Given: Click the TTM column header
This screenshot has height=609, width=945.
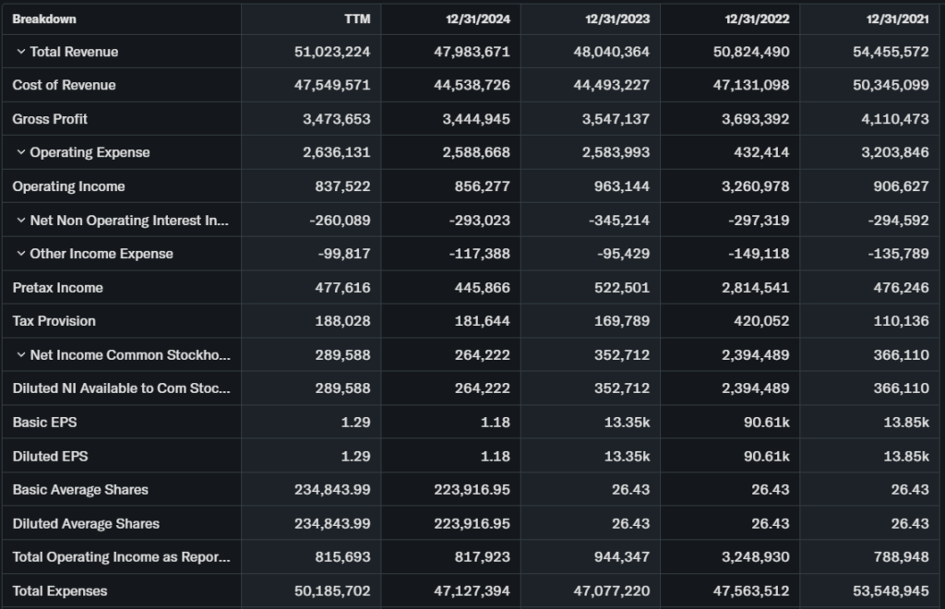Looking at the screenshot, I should click(x=358, y=18).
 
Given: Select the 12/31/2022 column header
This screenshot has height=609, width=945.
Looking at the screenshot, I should click(x=757, y=18).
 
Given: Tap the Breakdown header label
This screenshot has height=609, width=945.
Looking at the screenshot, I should click(x=44, y=18).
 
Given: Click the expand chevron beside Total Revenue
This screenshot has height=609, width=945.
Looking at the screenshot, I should click(x=20, y=52).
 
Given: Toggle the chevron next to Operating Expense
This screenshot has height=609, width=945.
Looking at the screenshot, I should click(x=20, y=152).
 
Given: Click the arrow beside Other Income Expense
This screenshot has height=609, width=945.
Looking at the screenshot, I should click(x=20, y=254).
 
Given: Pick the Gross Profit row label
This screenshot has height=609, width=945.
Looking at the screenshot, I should click(x=50, y=119).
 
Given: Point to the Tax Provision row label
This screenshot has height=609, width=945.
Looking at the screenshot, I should click(x=54, y=321).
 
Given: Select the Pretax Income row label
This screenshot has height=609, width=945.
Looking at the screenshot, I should click(x=57, y=288).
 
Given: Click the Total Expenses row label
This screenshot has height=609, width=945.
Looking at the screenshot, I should click(x=60, y=591).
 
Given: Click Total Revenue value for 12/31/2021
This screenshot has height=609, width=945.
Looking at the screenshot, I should click(x=891, y=52).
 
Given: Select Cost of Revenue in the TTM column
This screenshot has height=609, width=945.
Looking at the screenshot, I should click(x=332, y=85).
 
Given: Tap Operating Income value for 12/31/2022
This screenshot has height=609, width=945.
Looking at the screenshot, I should click(x=751, y=186).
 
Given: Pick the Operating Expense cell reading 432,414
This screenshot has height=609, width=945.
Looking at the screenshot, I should click(x=761, y=152).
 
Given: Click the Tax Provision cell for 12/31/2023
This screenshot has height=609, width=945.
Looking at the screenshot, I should click(x=621, y=321).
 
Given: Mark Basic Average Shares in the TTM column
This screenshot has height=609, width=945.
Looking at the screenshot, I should click(x=332, y=490).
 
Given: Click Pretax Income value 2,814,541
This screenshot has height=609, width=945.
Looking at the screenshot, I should click(x=751, y=288).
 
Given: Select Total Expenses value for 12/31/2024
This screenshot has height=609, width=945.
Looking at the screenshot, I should click(x=472, y=591).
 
